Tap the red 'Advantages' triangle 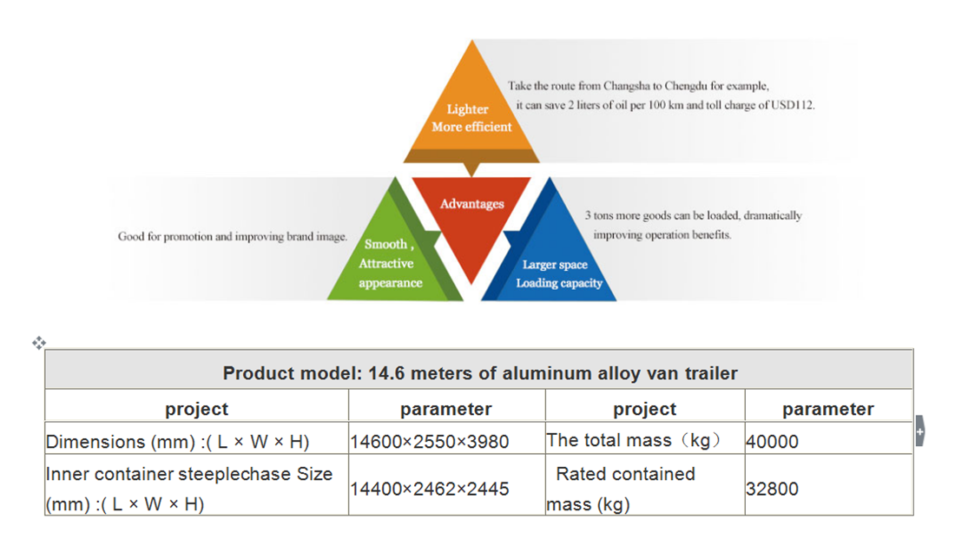coord(471,217)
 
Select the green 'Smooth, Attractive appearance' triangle coord(391,260)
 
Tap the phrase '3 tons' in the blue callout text coord(599,215)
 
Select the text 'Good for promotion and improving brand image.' coord(233,236)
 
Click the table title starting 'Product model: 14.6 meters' coord(479,373)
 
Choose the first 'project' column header coord(196,409)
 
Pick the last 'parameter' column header coord(827,409)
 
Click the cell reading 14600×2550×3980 coord(429,442)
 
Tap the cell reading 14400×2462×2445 coord(429,489)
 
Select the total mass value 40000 coord(772,442)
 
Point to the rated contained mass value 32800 coord(772,489)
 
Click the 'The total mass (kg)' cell coord(634,440)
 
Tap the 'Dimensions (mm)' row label coord(177,442)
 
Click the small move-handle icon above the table coord(39,343)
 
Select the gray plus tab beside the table coord(919,431)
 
